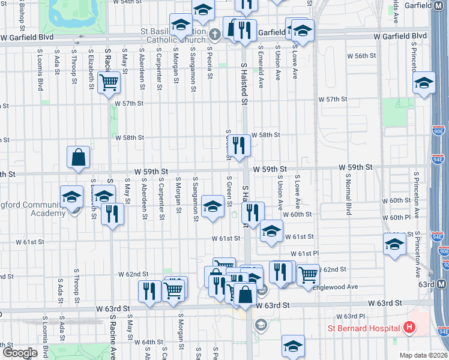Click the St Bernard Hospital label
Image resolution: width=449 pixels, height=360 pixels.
(x=364, y=328)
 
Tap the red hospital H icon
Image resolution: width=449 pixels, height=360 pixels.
(x=409, y=328)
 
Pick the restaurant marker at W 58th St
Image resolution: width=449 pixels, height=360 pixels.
(x=240, y=145)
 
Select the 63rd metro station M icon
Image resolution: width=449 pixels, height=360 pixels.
(x=442, y=284)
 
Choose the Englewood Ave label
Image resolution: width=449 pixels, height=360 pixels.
(x=339, y=287)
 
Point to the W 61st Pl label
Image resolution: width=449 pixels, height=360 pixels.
(x=303, y=254)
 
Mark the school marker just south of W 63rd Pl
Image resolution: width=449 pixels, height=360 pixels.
(x=293, y=346)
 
